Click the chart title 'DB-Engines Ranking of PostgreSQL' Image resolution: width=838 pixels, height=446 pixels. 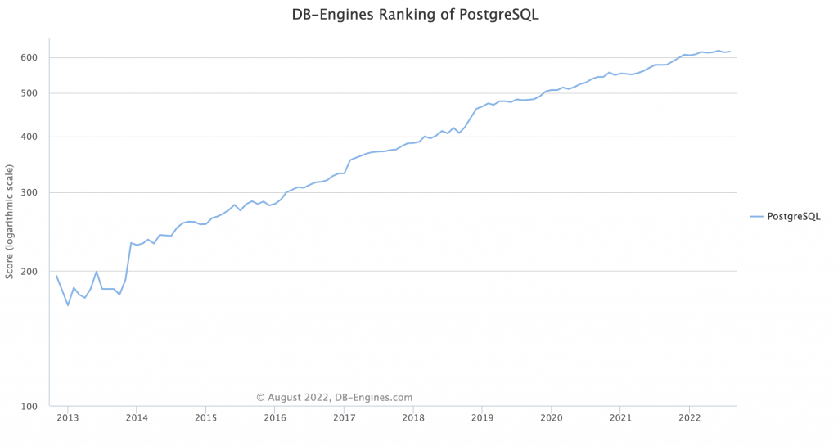pyautogui.click(x=416, y=15)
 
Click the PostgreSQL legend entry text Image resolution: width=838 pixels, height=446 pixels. pyautogui.click(x=793, y=216)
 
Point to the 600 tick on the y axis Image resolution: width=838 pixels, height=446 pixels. pyautogui.click(x=29, y=57)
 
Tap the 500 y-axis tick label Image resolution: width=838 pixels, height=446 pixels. pyautogui.click(x=29, y=92)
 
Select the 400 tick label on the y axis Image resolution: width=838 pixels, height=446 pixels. pyautogui.click(x=29, y=137)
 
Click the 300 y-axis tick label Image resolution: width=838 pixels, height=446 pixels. pyautogui.click(x=29, y=193)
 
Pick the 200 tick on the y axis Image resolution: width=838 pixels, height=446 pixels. pyautogui.click(x=29, y=271)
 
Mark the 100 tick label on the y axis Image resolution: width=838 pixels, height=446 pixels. pyautogui.click(x=29, y=406)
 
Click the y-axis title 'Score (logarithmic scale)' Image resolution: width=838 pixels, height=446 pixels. pyautogui.click(x=10, y=220)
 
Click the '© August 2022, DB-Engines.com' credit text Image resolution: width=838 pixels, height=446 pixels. pyautogui.click(x=335, y=397)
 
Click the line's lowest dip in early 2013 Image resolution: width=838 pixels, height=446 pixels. pyautogui.click(x=68, y=305)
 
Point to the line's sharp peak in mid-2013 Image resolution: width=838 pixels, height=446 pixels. pyautogui.click(x=97, y=271)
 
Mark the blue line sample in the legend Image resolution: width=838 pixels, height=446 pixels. pyautogui.click(x=757, y=216)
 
